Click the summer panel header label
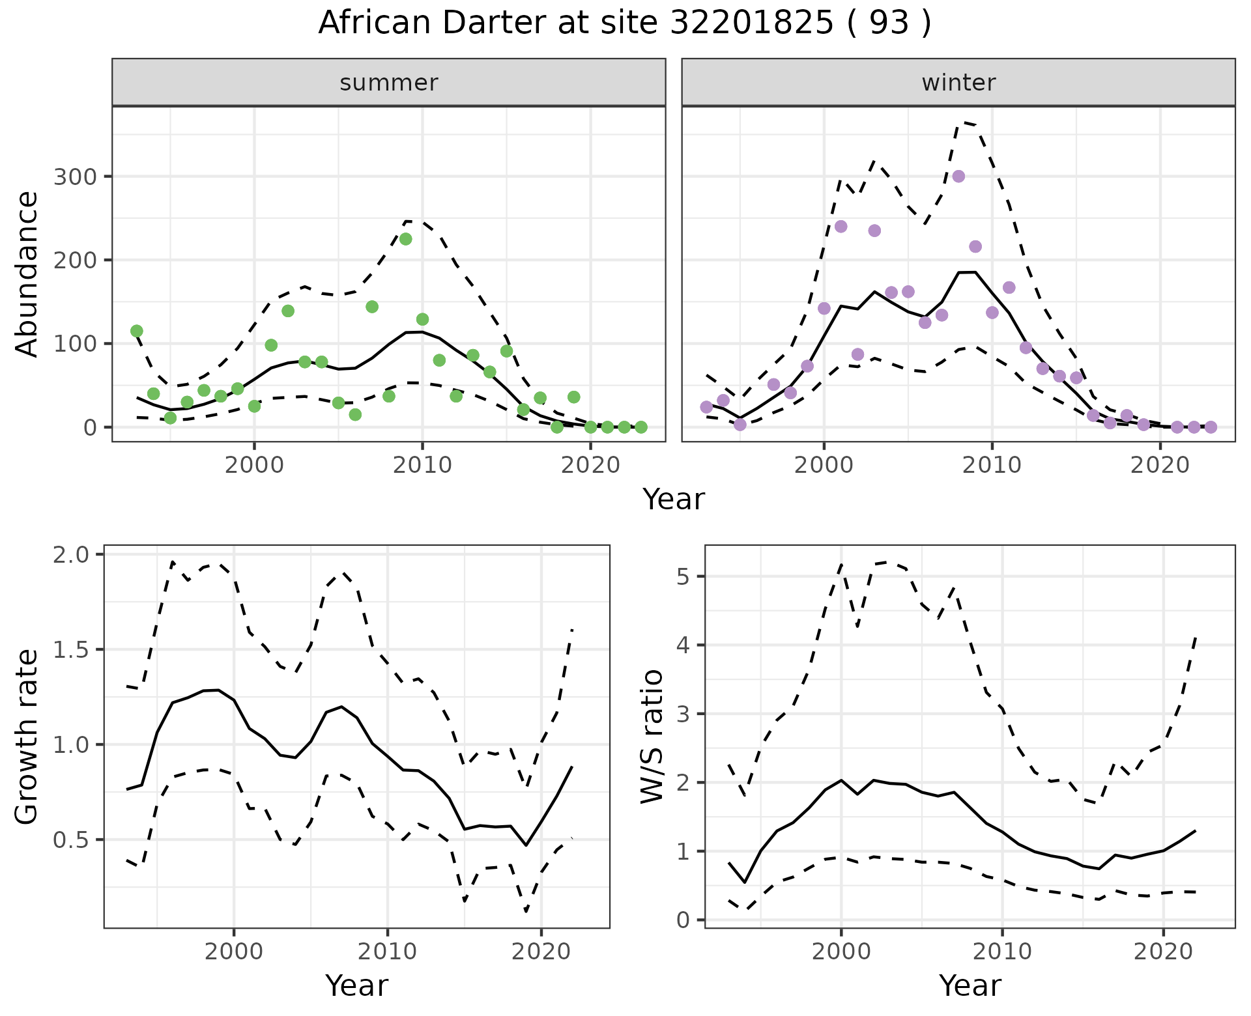click(389, 83)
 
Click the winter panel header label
click(958, 83)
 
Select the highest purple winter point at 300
click(958, 176)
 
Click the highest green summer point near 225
click(405, 239)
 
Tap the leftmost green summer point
click(137, 331)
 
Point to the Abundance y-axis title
click(27, 274)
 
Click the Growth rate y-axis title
click(27, 737)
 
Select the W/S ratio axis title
click(652, 737)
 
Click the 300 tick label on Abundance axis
click(74, 177)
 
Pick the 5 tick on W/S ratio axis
click(683, 576)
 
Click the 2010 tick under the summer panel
click(422, 465)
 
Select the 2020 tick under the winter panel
click(1160, 465)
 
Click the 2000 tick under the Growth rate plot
click(234, 952)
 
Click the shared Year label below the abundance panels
click(674, 500)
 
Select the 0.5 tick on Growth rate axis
click(72, 840)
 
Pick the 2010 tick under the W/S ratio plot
click(1002, 952)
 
